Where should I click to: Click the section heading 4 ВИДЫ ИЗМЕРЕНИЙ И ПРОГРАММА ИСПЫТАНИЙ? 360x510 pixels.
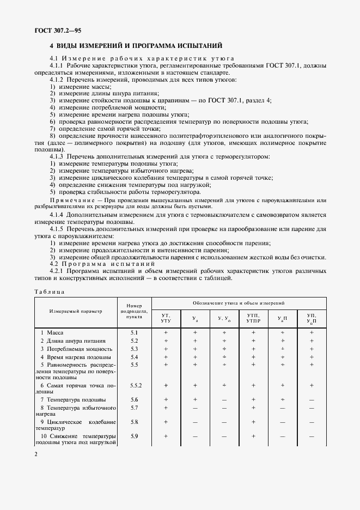pyautogui.click(x=136, y=46)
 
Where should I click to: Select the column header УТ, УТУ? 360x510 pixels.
pyautogui.click(x=166, y=318)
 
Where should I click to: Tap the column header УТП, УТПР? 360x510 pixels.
pyautogui.click(x=253, y=318)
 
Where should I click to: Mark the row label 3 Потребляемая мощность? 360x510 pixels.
pyautogui.click(x=72, y=349)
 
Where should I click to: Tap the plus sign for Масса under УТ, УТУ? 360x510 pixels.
pyautogui.click(x=166, y=332)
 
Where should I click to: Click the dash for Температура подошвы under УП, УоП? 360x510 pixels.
pyautogui.click(x=312, y=399)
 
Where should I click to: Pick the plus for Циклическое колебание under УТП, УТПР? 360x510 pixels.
pyautogui.click(x=253, y=422)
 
